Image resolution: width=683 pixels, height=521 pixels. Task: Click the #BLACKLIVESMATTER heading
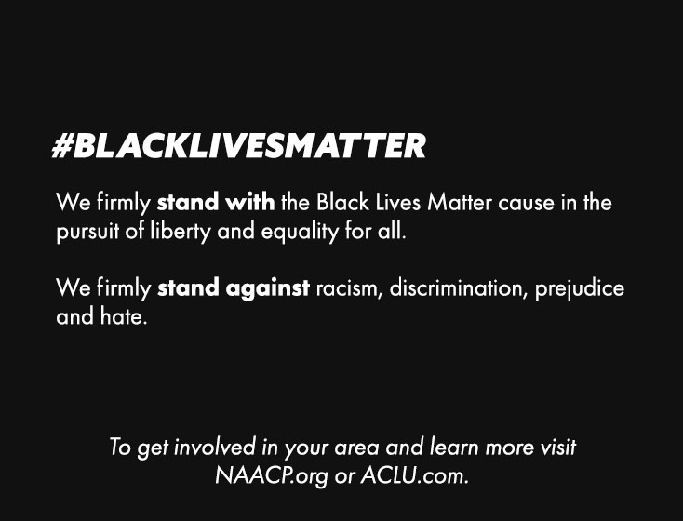239,145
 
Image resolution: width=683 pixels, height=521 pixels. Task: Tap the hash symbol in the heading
62,146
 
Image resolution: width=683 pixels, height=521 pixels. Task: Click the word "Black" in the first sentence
342,202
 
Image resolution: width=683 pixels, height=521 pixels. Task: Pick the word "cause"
526,203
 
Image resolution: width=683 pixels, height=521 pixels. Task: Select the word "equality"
300,232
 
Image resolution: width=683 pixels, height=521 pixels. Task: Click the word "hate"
124,316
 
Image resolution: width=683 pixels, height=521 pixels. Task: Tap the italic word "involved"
215,448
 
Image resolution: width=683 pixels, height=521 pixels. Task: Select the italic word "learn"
454,448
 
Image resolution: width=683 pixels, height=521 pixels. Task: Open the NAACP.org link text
272,476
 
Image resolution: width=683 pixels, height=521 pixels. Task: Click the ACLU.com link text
414,475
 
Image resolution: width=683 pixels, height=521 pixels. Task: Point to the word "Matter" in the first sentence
460,202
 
